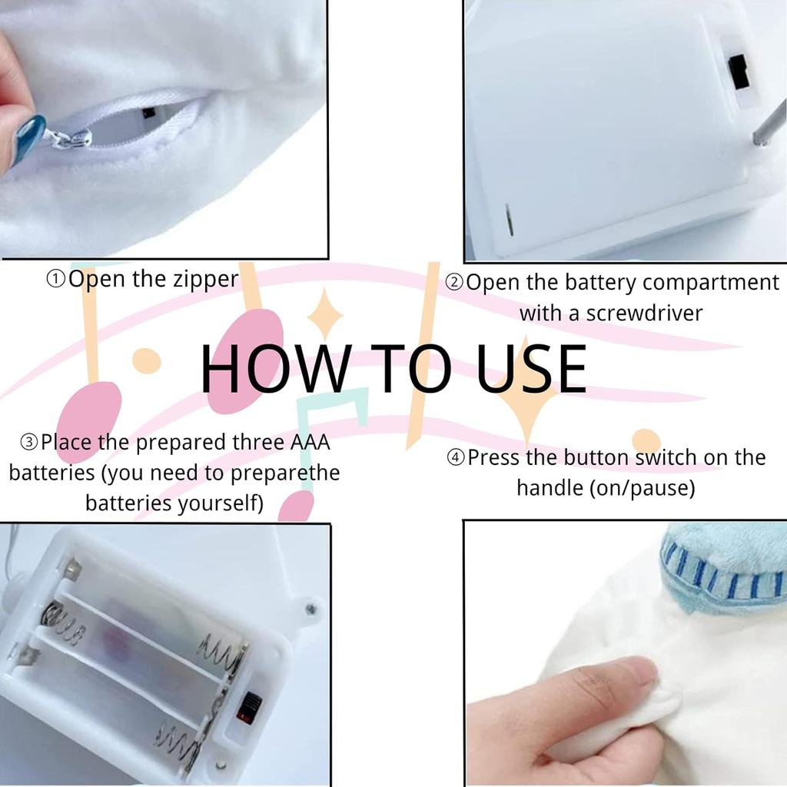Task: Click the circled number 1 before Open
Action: click(x=55, y=279)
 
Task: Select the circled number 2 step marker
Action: click(x=454, y=283)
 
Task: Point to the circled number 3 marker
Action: click(x=29, y=442)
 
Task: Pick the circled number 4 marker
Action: click(x=456, y=458)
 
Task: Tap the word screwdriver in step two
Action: click(x=645, y=314)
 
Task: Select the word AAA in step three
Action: click(x=310, y=442)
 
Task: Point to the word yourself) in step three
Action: click(x=221, y=503)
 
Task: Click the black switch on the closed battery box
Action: click(x=739, y=71)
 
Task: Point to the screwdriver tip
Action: click(x=757, y=139)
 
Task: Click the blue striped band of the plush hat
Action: click(x=722, y=577)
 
